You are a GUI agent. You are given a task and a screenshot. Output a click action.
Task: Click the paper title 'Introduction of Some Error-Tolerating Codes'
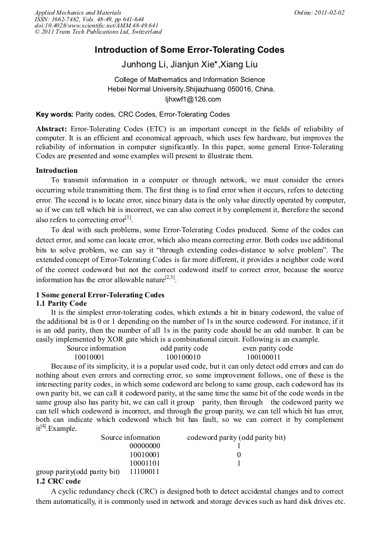coord(189,50)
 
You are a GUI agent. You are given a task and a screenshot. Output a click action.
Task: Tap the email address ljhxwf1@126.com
coord(190,99)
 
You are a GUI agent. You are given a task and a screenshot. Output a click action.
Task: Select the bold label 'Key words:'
coord(54,114)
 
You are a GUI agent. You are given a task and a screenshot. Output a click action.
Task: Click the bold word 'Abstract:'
coord(52,129)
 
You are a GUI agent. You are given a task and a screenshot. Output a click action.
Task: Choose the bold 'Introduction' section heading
coord(57,170)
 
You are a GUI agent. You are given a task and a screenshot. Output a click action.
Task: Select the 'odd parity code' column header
coord(184,348)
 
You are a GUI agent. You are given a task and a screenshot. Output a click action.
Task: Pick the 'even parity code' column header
coord(267,348)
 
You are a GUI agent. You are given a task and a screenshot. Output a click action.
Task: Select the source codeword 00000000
coord(145,445)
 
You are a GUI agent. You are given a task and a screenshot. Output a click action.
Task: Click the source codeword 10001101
coord(145,463)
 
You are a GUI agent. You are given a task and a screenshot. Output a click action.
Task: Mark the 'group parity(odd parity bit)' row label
coord(78,472)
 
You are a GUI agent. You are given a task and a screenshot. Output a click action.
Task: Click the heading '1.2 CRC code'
coord(58,481)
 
